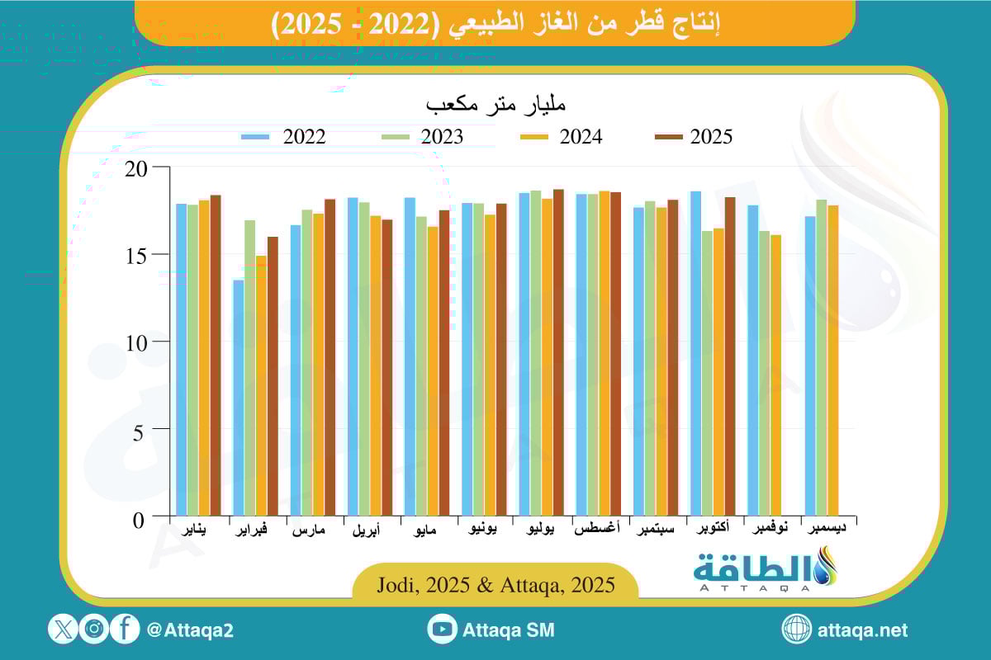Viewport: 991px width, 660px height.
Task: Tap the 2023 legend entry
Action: click(x=420, y=137)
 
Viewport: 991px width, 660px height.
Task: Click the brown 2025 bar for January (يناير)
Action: click(x=216, y=356)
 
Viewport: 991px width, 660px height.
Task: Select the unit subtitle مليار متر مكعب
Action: click(x=495, y=106)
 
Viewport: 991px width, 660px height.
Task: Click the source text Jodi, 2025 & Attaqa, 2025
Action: click(x=495, y=586)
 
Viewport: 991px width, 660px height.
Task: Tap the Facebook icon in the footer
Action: click(x=125, y=629)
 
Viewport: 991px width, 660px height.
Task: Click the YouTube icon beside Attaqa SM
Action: click(x=443, y=629)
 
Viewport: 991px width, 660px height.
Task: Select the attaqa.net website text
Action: click(x=862, y=630)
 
